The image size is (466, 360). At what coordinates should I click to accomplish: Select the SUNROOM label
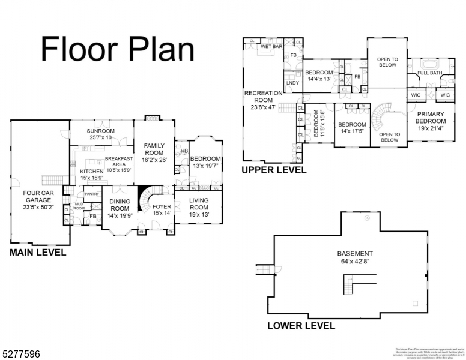(x=100, y=131)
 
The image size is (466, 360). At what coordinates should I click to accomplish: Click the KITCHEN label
(x=92, y=171)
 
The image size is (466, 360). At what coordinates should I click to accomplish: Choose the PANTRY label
(x=92, y=194)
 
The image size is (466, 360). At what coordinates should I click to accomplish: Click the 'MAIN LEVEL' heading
(x=38, y=253)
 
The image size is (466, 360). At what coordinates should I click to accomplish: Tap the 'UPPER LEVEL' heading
(x=274, y=170)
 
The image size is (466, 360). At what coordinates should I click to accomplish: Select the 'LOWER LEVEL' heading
(x=301, y=326)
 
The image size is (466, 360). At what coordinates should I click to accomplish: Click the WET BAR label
(x=270, y=46)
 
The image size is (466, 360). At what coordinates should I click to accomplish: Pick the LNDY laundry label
(x=292, y=83)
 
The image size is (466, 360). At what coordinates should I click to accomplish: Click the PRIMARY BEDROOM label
(x=430, y=117)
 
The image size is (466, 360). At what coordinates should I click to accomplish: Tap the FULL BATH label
(x=429, y=73)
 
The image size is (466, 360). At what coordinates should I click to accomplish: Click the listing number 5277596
(x=22, y=355)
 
